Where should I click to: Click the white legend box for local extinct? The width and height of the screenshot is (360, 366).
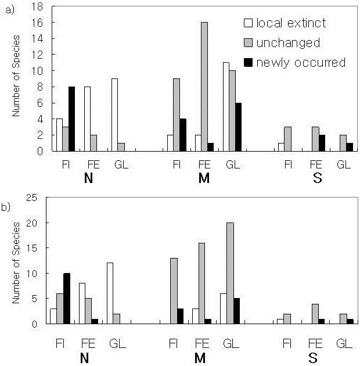[247, 24]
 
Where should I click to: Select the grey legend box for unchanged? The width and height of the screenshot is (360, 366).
[247, 43]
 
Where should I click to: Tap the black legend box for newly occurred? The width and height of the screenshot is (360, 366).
[247, 62]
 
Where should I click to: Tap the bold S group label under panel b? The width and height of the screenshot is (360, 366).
[317, 356]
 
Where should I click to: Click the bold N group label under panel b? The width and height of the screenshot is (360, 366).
[88, 356]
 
